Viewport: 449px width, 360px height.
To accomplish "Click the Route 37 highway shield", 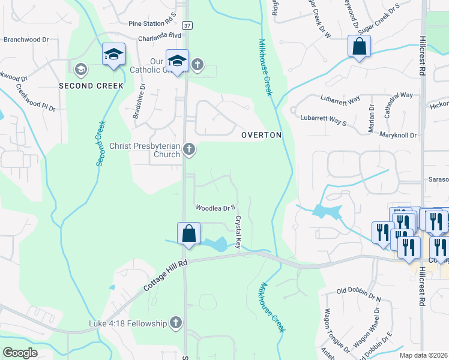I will pyautogui.click(x=188, y=26).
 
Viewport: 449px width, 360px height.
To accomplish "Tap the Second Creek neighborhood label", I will pyautogui.click(x=91, y=86).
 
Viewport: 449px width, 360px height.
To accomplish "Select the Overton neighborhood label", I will pyautogui.click(x=261, y=135).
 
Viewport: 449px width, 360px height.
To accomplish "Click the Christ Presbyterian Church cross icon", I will pyautogui.click(x=189, y=149).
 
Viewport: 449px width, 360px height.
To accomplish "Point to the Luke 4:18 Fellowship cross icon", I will pyautogui.click(x=175, y=323).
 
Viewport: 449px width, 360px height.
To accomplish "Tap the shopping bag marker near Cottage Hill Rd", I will pyautogui.click(x=188, y=234).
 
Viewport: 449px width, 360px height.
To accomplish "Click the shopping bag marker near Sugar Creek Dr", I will pyautogui.click(x=359, y=47).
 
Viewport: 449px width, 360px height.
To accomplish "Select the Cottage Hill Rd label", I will pyautogui.click(x=166, y=276).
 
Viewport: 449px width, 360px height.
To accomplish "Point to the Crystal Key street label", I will pyautogui.click(x=238, y=233).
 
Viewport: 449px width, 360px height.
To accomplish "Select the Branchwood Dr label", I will pyautogui.click(x=26, y=40).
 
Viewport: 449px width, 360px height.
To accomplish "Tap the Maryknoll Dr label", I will pyautogui.click(x=398, y=136).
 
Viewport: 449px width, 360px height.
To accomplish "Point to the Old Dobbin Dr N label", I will pyautogui.click(x=359, y=294).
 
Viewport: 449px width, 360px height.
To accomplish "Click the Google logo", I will pyautogui.click(x=20, y=353).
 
